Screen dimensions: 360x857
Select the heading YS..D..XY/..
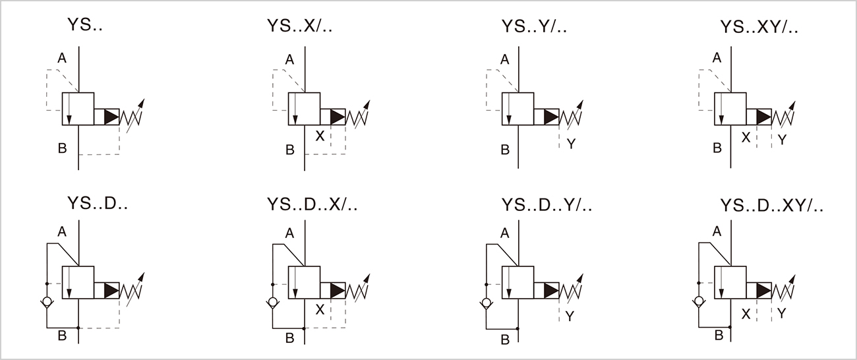point(771,206)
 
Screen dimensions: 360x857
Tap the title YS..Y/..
point(534,27)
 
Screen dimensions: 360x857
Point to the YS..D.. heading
point(97,204)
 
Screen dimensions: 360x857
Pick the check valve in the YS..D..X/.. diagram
point(272,303)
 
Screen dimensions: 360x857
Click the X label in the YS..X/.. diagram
point(320,136)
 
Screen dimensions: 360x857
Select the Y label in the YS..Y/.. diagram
point(571,143)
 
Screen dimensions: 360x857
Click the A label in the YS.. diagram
point(61,59)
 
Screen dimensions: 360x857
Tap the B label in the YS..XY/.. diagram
point(717,148)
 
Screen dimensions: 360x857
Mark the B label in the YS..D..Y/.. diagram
point(504,340)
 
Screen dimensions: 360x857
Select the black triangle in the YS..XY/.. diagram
point(763,117)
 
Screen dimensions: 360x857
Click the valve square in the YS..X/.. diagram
point(304,109)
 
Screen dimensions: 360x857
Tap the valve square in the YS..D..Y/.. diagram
point(517,282)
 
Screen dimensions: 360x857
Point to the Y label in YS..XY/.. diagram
point(782,140)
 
